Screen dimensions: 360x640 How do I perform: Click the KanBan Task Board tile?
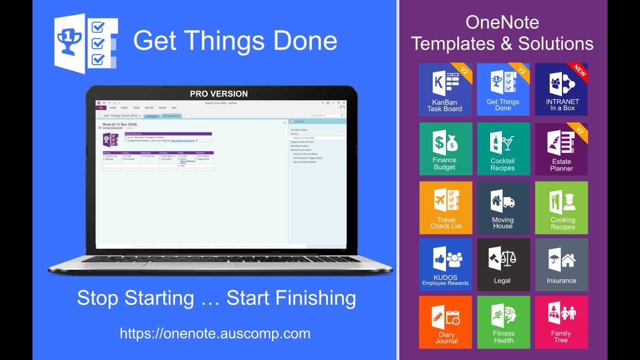[x=445, y=90]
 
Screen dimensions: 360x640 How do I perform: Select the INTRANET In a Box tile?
[x=561, y=90]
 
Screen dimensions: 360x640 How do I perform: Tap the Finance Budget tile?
[x=445, y=148]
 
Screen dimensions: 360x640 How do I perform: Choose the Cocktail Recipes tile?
[x=503, y=148]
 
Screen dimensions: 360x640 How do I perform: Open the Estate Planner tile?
[x=561, y=148]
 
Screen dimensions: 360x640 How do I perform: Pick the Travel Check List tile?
[x=445, y=207]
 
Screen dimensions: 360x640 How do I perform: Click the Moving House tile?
[x=503, y=207]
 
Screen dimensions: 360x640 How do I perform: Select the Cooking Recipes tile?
[x=561, y=207]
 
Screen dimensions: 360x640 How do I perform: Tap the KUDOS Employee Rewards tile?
[x=445, y=265]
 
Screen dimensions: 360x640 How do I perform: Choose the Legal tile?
[x=503, y=265]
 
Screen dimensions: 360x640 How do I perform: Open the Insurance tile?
[x=561, y=265]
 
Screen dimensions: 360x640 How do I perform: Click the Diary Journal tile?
[x=445, y=322]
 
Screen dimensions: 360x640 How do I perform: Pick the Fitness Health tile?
[x=503, y=322]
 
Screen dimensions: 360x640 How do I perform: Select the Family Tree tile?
[x=561, y=322]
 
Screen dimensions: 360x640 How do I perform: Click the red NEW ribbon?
[x=580, y=70]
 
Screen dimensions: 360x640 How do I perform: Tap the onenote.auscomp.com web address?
[x=215, y=333]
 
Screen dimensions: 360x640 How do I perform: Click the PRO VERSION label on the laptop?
[x=219, y=93]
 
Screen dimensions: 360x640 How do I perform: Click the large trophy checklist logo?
[x=86, y=44]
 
